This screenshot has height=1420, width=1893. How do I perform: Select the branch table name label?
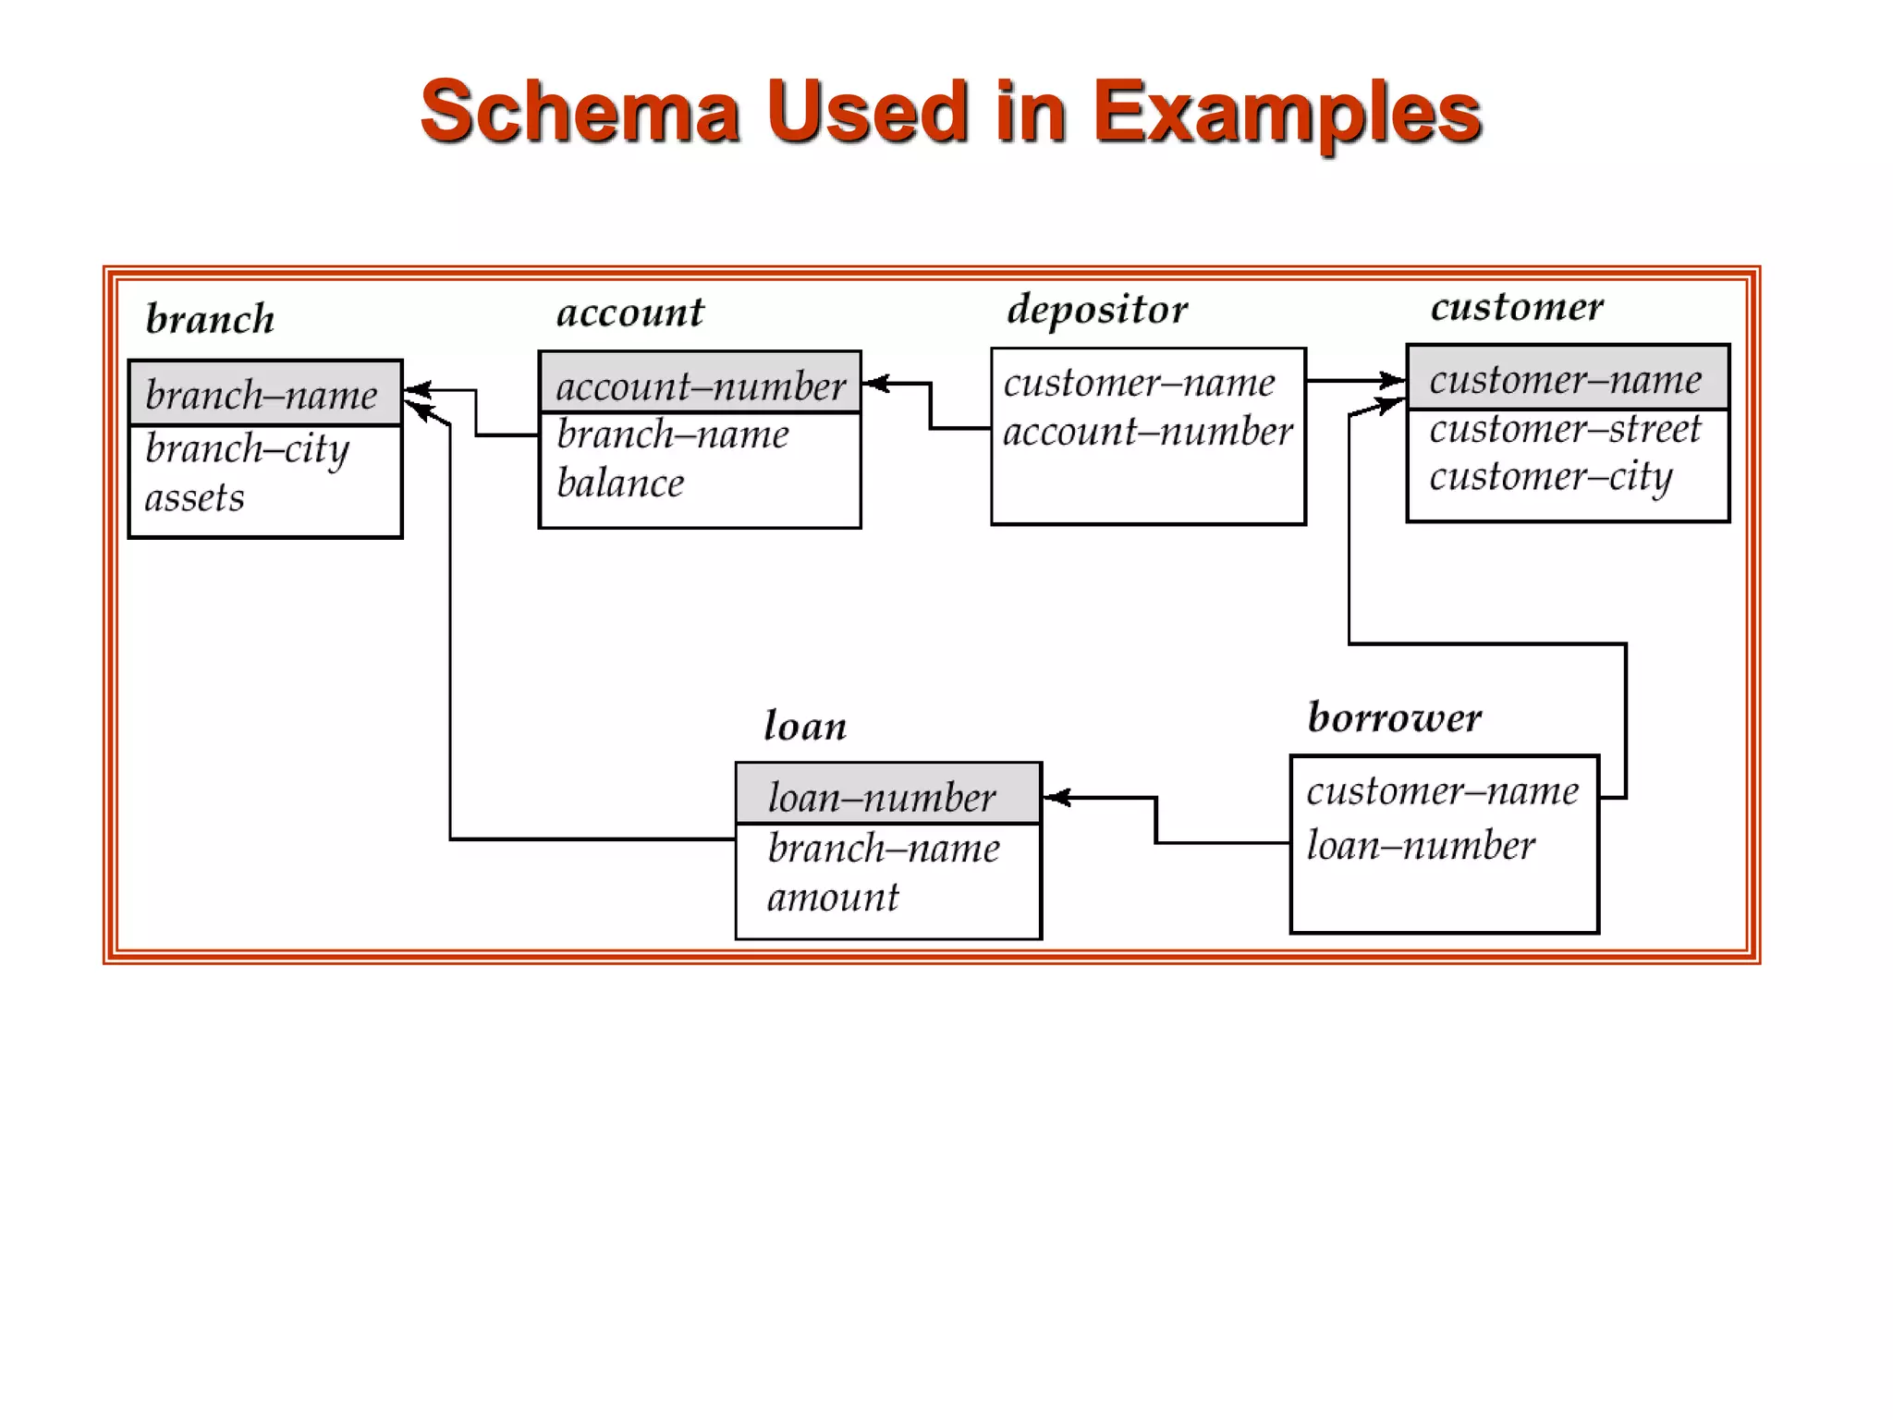[210, 319]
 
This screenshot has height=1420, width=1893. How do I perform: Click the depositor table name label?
[1097, 310]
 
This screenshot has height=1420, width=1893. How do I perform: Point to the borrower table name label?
[1394, 717]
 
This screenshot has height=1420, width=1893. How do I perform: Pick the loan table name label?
[805, 726]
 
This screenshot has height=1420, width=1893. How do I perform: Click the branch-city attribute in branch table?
[247, 450]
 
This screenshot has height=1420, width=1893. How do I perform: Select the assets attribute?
[194, 498]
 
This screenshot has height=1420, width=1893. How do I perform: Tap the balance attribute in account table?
[620, 484]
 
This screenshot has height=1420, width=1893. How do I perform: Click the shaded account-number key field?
[700, 386]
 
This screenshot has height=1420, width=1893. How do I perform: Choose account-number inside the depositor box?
[1147, 432]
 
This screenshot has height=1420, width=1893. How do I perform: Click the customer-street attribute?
[1564, 429]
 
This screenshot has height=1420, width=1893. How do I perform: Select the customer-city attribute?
[1550, 478]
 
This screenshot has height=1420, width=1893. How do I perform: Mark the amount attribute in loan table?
[833, 898]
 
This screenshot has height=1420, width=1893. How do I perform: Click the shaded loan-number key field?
[882, 797]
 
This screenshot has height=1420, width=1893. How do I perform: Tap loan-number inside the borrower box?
[1420, 845]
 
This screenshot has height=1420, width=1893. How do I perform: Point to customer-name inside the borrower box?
[1442, 791]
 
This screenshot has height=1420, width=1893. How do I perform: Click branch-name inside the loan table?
[883, 848]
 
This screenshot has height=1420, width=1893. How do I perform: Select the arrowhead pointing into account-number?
[874, 383]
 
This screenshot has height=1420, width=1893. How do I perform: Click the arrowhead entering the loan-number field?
[1056, 797]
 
